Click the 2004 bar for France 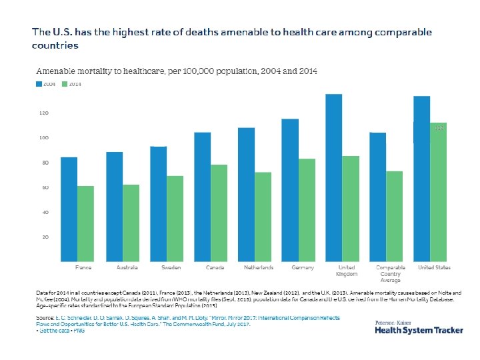(69, 209)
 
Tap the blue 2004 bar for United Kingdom (334, 177)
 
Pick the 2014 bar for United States (438, 191)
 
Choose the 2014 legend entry (72, 84)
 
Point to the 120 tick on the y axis (43, 113)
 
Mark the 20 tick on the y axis (45, 237)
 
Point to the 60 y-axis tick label (45, 187)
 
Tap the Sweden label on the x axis (171, 268)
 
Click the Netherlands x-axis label (258, 268)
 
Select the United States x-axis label (434, 268)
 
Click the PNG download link (79, 331)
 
